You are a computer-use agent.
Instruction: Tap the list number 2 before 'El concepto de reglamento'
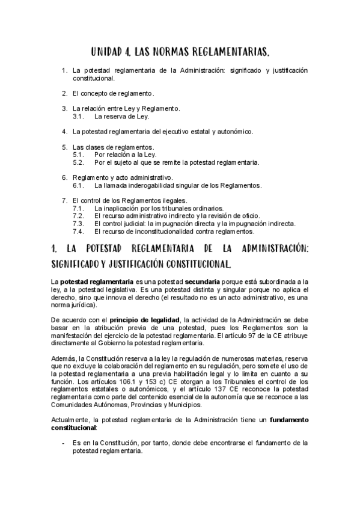64,93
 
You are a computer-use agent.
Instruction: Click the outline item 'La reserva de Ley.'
117,116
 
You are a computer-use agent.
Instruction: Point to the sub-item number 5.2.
79,162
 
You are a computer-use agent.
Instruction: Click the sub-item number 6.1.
79,185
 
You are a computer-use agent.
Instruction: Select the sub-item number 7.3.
79,223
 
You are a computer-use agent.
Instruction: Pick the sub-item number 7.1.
79,208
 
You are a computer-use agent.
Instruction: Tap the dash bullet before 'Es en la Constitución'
64,441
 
